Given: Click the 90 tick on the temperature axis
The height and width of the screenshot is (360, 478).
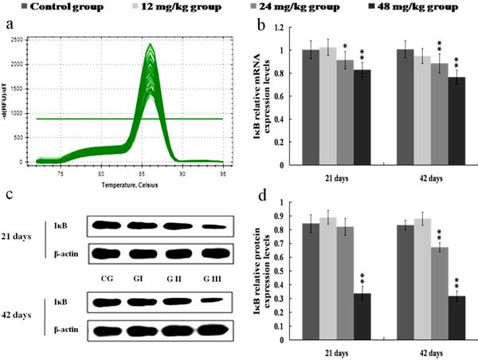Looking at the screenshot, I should pyautogui.click(x=182, y=172).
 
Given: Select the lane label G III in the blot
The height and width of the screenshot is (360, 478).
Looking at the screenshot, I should pyautogui.click(x=215, y=279).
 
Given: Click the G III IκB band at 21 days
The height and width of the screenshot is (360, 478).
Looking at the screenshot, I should pyautogui.click(x=215, y=226).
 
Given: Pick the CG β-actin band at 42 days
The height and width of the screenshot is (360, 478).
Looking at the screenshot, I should pyautogui.click(x=106, y=329).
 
